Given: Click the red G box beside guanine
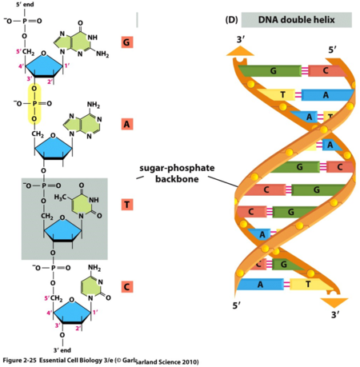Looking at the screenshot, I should point(126,42).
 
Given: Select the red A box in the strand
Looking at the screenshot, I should point(126,124).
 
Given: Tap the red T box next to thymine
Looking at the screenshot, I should point(126,205).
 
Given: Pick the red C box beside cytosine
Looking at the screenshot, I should point(126,285).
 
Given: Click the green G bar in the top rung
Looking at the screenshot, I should point(274,71).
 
